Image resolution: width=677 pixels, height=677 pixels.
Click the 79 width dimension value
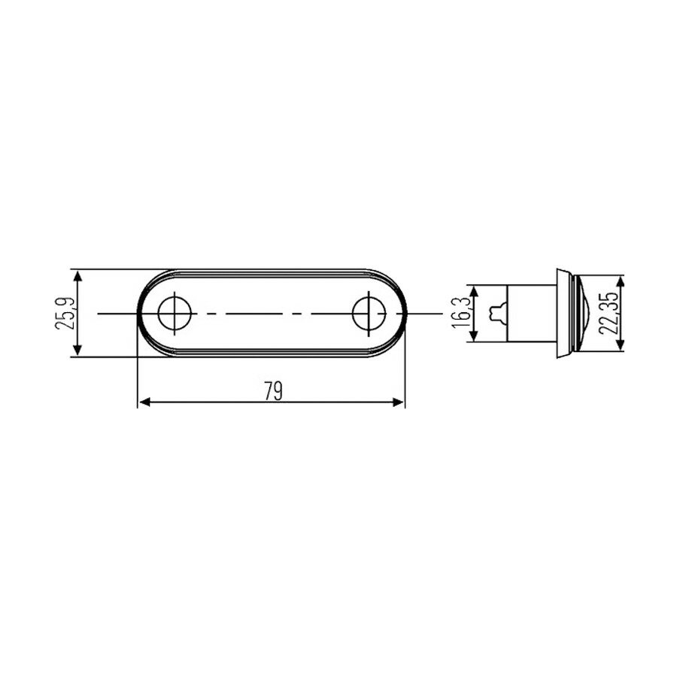(x=272, y=390)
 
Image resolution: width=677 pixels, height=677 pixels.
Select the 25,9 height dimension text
(x=66, y=312)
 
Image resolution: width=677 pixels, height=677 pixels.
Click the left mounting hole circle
(x=174, y=312)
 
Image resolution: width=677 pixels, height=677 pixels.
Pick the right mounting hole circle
(x=369, y=312)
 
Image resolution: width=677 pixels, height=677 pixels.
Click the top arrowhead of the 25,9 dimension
(x=78, y=275)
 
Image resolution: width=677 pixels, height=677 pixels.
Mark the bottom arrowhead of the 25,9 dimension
(x=78, y=351)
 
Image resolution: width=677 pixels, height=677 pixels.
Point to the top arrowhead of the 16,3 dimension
(x=473, y=290)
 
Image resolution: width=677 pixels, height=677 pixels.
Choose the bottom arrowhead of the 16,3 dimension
(x=473, y=338)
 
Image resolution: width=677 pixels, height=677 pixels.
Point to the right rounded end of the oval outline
(x=402, y=312)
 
